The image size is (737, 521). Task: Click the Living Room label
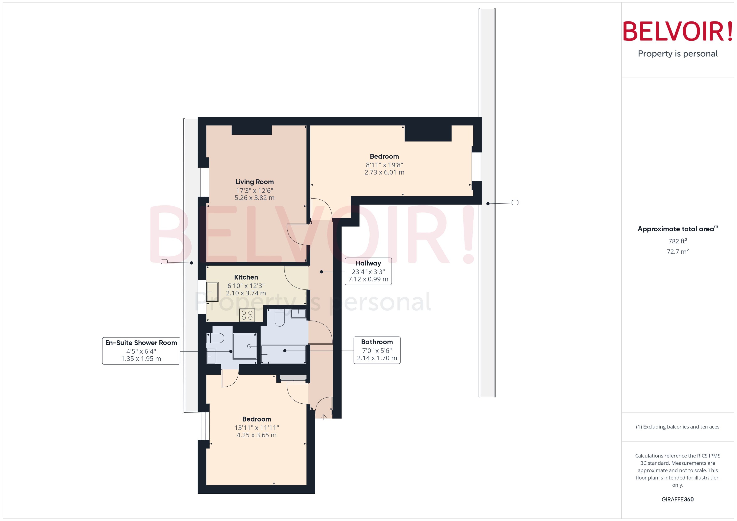254,182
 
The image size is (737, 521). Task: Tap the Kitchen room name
246,277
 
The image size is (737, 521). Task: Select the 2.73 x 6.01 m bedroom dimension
384,172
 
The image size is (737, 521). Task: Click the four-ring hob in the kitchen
247,315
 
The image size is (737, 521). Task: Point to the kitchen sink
212,292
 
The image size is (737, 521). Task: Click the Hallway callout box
368,271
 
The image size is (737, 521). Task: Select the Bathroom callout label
377,342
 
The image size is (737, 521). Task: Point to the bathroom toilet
279,318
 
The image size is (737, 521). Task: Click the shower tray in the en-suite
244,346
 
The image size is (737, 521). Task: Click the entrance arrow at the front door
324,417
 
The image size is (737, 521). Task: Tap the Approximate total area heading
676,229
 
